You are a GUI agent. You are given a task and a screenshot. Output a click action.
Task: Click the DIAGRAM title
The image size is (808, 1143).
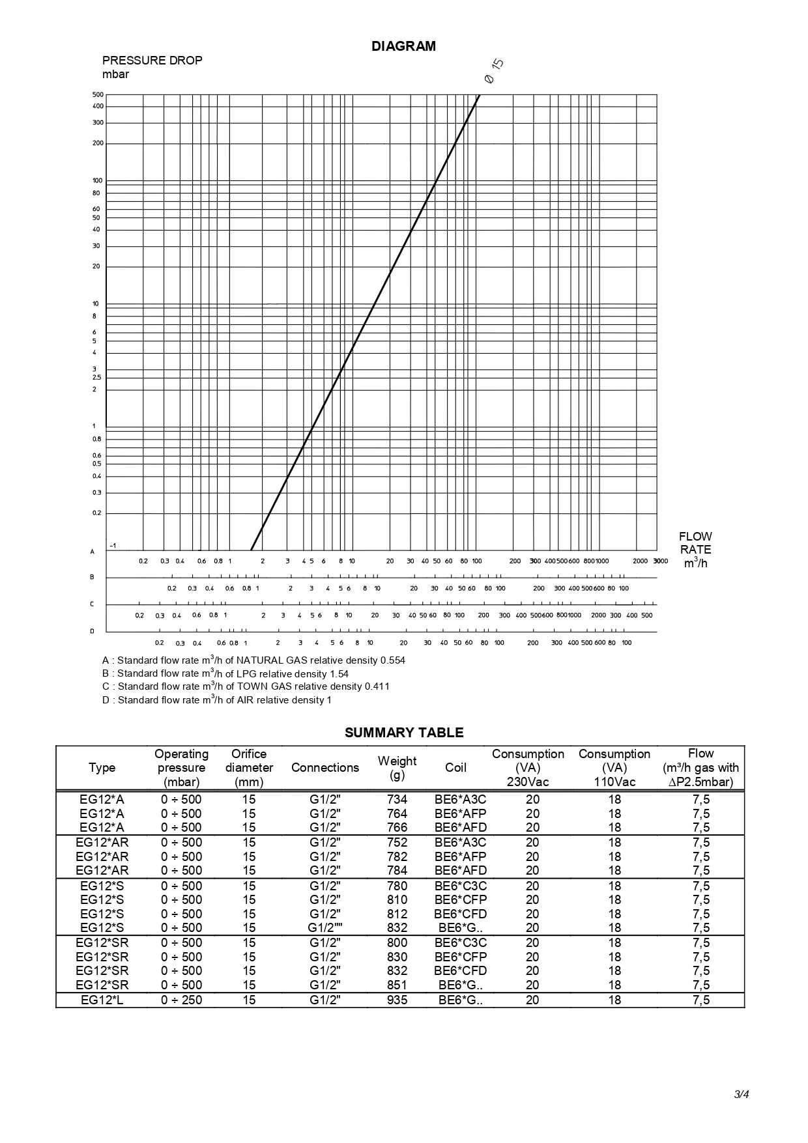point(403,46)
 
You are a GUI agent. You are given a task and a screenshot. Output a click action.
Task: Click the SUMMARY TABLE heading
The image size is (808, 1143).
point(404,733)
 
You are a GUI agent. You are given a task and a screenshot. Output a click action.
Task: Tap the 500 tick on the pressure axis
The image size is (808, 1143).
point(98,95)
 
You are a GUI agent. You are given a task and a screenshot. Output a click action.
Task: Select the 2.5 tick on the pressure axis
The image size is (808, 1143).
point(97,378)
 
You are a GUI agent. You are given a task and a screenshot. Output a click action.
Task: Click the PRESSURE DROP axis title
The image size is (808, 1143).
point(152,61)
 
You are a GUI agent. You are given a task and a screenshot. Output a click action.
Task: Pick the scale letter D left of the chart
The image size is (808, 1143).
point(93,631)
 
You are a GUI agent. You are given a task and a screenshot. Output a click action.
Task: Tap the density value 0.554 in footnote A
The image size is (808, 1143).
point(392,660)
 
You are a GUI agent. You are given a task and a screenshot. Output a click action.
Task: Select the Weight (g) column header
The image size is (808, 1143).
point(397,768)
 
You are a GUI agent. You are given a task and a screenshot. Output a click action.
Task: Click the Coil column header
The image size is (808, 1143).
point(455,768)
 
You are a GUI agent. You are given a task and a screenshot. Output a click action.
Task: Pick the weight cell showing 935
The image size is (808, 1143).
point(397,1000)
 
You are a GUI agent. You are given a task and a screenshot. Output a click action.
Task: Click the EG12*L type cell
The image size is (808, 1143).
point(102,1000)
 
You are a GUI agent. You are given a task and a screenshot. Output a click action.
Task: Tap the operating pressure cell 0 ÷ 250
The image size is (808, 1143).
point(182,1000)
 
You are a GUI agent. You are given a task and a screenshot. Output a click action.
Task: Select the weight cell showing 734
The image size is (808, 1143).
point(397,800)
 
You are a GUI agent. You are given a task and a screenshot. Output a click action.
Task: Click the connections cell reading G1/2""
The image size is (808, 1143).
point(325,928)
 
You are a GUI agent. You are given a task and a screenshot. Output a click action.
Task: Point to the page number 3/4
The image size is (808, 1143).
point(742,1094)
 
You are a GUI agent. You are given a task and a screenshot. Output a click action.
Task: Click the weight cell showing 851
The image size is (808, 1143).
point(397,985)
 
